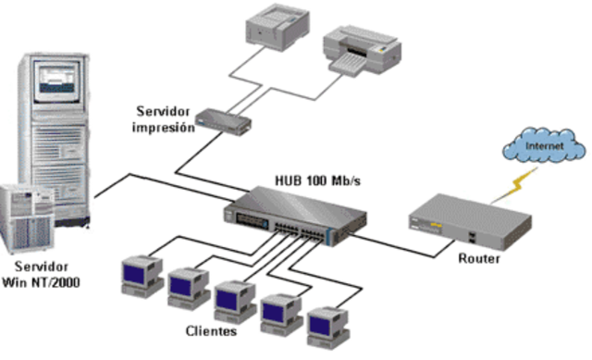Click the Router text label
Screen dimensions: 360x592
479,259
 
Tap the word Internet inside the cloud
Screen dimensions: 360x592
542,147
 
